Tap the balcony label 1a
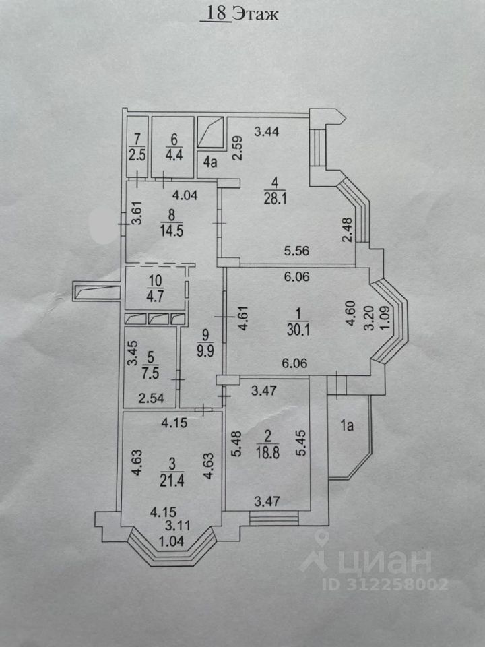click(x=348, y=425)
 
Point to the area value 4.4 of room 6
click(x=172, y=152)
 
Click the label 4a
click(x=212, y=161)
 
